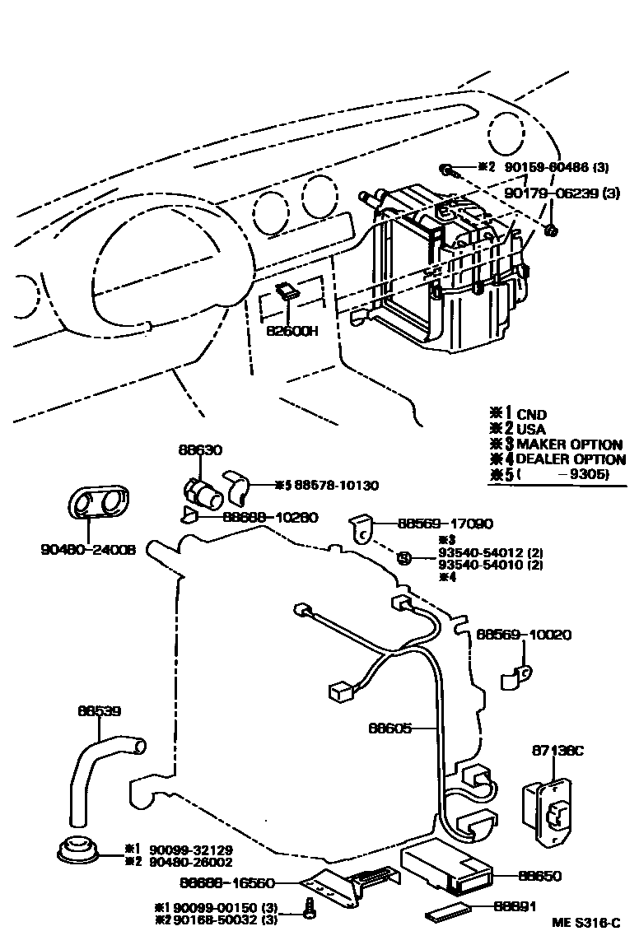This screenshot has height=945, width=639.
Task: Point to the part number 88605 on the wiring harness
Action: pyautogui.click(x=389, y=728)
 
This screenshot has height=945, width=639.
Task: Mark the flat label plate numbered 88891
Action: pyautogui.click(x=450, y=911)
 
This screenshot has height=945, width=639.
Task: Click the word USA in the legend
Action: pyautogui.click(x=531, y=429)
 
